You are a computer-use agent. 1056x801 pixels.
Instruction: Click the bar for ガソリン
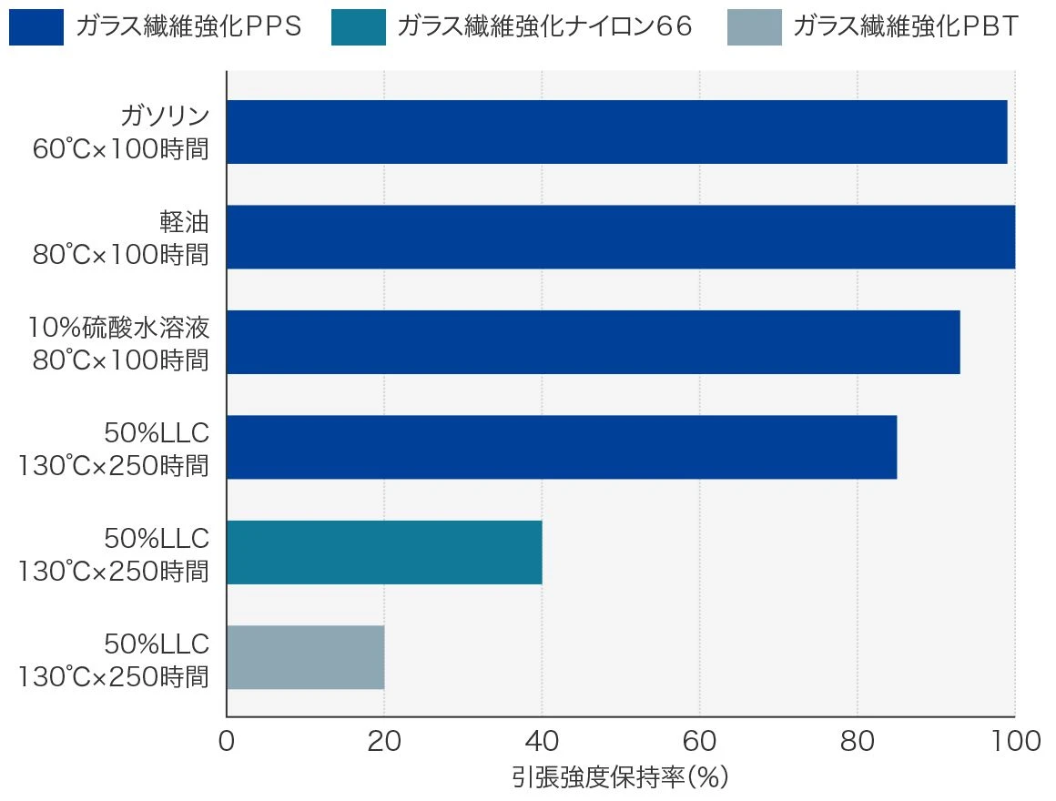coord(616,132)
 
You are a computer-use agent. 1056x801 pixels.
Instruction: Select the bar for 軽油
coord(620,237)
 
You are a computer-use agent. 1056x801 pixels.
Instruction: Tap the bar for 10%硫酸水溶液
coord(593,342)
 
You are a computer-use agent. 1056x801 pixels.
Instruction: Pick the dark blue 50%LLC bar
coord(561,447)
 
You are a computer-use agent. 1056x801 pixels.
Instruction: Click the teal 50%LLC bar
coord(383,553)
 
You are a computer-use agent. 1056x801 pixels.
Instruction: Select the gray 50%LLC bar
coord(305,657)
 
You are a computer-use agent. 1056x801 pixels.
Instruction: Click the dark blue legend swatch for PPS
coord(36,27)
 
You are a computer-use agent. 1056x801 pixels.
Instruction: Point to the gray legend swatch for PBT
coord(754,27)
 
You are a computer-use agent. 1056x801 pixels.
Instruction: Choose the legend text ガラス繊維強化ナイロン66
coord(544,27)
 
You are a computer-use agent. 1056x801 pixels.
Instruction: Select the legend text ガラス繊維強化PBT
coord(905,27)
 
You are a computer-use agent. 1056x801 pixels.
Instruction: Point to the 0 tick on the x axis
coord(227,742)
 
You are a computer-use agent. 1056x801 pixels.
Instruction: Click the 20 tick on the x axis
coord(384,742)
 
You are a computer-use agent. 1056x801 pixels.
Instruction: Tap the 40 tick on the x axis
coord(542,742)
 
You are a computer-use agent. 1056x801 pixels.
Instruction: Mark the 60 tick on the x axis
coord(699,742)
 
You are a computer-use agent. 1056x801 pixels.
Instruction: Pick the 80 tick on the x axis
coord(857,742)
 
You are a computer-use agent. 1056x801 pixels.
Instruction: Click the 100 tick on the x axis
coord(1014,742)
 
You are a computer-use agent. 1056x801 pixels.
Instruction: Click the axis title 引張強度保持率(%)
coord(620,778)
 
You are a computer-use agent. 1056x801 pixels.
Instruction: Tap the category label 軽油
coord(184,223)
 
